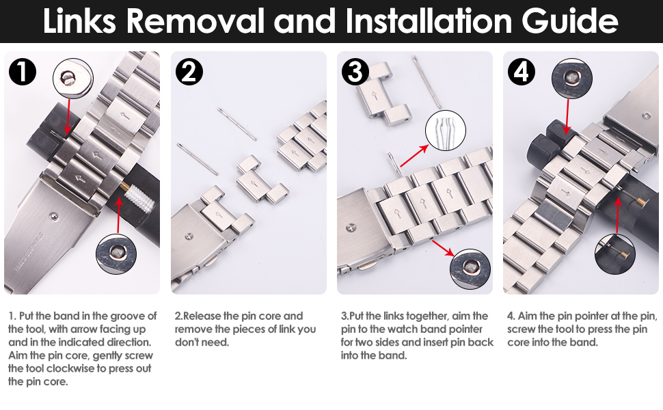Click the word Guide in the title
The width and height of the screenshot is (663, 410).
[x=569, y=20]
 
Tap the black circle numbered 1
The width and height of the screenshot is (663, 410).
[x=23, y=71]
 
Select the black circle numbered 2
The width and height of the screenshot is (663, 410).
[x=189, y=72]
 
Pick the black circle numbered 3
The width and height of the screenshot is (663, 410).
[x=355, y=72]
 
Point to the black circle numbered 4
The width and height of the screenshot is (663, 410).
[x=522, y=72]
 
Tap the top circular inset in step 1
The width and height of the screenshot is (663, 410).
[x=72, y=79]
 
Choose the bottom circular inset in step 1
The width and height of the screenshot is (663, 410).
[x=116, y=254]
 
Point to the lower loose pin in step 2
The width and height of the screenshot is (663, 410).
[x=198, y=159]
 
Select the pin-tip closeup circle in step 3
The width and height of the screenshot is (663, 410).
[x=445, y=131]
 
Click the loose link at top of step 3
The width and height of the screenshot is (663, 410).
[x=384, y=94]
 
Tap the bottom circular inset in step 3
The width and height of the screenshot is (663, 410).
[x=470, y=269]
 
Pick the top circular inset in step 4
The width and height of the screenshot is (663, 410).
[x=572, y=79]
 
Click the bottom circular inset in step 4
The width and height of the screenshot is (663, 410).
[x=614, y=254]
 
